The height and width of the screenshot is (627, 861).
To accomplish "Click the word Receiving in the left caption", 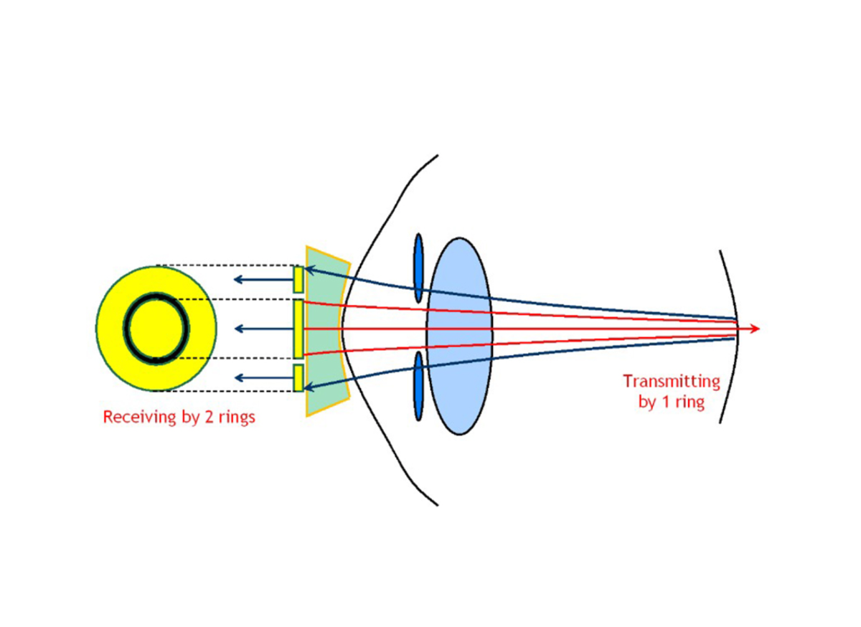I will pos(134,417).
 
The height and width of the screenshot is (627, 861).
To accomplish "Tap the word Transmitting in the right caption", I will pos(671,381).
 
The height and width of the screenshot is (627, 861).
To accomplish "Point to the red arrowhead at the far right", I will pos(753,329).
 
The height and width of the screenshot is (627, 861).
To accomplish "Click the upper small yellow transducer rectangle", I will pos(298,279).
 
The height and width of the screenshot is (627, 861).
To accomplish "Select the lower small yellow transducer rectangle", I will pos(298,378).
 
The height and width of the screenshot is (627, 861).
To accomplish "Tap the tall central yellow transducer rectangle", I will pos(298,329).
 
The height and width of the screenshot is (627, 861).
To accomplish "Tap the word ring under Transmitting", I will pos(688,402).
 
